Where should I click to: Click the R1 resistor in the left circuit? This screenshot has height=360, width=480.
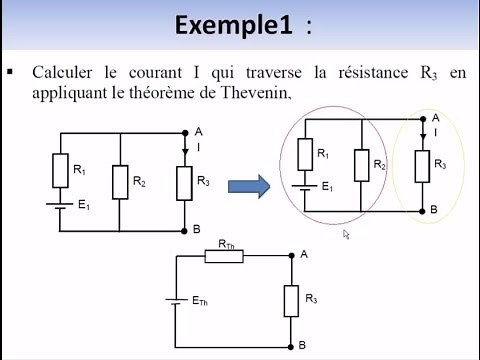61,170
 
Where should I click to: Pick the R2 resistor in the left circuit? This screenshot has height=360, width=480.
120,182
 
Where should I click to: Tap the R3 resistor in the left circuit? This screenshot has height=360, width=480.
185,182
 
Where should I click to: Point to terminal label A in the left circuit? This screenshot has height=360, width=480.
199,131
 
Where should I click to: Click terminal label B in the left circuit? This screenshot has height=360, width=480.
197,229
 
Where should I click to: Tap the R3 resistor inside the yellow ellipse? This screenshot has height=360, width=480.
425,163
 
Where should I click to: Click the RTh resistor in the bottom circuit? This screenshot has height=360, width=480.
225,256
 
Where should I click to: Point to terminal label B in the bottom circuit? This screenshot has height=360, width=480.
302,344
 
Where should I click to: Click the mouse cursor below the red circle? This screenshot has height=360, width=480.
345,233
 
